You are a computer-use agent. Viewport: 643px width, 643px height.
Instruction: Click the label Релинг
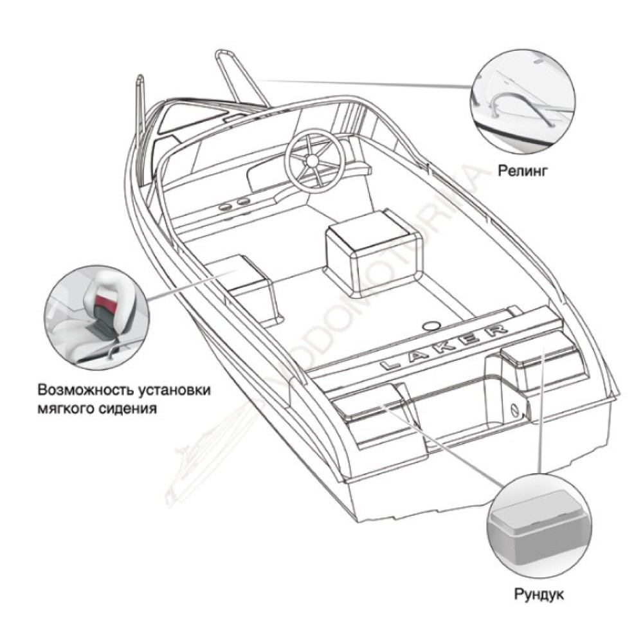[522, 170]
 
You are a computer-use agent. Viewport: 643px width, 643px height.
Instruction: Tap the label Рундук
[539, 593]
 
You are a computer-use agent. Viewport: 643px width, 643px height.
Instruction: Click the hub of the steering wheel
[313, 160]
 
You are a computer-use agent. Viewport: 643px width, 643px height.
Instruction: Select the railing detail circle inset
[523, 102]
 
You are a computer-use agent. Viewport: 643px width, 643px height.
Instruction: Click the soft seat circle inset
[97, 317]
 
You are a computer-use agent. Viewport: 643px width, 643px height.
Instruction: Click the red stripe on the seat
[107, 304]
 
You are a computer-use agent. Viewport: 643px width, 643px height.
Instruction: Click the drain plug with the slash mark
[515, 410]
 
